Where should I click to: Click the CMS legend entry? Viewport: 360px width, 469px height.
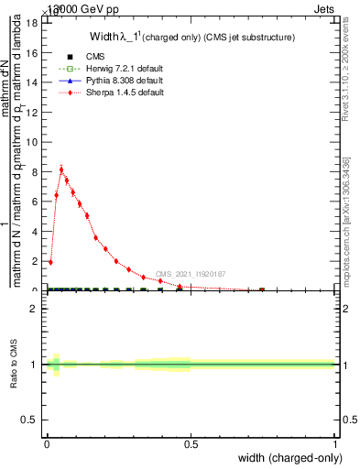coord(82,56)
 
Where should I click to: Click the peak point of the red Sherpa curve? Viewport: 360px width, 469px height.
coord(61,169)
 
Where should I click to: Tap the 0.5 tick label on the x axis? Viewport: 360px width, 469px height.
coord(191,444)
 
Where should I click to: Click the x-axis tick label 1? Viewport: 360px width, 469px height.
coord(336,444)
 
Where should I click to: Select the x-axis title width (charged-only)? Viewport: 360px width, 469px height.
coord(289,459)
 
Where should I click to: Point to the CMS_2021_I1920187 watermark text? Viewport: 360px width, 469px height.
coord(190,274)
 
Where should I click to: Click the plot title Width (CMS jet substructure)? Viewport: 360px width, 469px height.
coord(191,38)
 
